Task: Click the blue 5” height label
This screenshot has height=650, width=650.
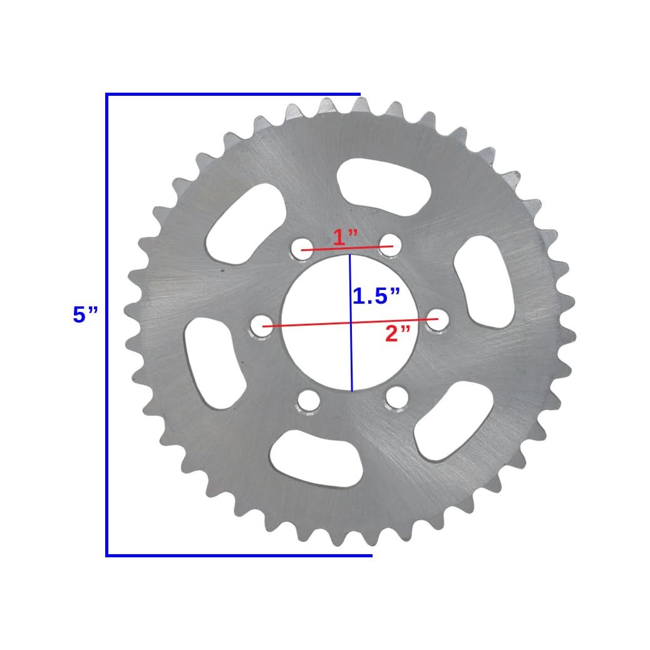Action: tap(85, 315)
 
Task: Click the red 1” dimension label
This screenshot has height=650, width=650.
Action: tap(345, 237)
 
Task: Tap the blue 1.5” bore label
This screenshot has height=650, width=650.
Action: tap(376, 296)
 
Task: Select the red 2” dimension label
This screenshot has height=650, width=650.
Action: tap(398, 334)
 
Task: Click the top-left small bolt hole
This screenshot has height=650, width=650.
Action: tap(301, 248)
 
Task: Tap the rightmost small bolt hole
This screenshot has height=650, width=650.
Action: tap(436, 320)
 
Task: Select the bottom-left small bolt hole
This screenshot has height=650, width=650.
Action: tap(308, 401)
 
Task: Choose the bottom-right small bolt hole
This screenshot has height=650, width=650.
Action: tap(396, 397)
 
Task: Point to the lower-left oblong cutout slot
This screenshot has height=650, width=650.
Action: tap(214, 363)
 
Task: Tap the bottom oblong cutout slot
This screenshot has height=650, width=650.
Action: tap(317, 458)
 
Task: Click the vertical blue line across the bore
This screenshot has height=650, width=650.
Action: tap(351, 351)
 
